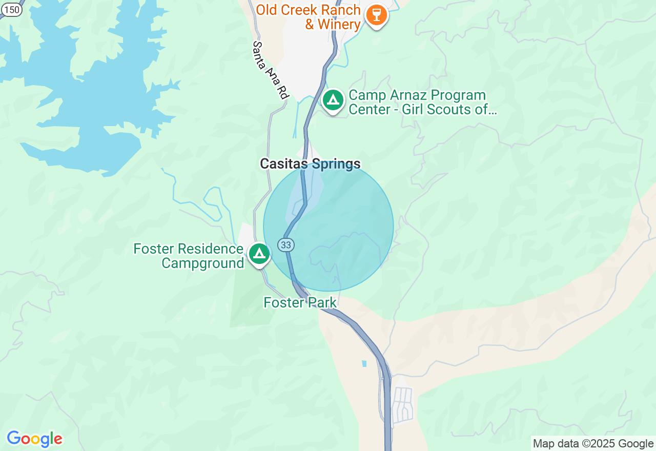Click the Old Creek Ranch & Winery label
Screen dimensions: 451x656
(309, 17)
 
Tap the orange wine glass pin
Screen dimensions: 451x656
(376, 15)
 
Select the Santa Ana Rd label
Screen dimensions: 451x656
(270, 70)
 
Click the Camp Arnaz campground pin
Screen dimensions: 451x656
(333, 100)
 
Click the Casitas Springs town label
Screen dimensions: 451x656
(310, 164)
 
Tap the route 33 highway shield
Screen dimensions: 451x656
(286, 245)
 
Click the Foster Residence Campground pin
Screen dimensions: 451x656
(259, 254)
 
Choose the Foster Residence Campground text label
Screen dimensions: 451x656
(189, 256)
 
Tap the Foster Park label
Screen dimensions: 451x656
(300, 303)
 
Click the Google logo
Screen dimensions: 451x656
(34, 439)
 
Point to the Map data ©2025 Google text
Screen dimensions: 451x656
(593, 444)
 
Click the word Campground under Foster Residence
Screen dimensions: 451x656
(203, 263)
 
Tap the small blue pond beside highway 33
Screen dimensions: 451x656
(364, 363)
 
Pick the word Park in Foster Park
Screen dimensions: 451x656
(322, 303)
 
